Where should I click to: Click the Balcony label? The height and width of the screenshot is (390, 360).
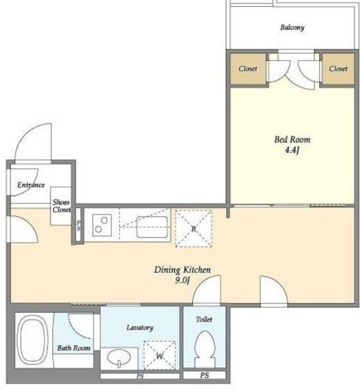(x=292, y=28)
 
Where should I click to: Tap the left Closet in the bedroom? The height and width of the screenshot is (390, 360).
(x=247, y=69)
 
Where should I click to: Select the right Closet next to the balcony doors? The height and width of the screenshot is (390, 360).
(x=338, y=69)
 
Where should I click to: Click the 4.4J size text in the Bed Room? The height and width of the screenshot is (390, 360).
(x=292, y=150)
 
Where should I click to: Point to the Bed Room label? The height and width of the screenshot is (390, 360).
(x=292, y=139)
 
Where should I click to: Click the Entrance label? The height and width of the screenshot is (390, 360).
(x=31, y=185)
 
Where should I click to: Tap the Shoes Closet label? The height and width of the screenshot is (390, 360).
(x=61, y=206)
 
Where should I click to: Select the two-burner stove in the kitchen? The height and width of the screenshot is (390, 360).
(x=102, y=225)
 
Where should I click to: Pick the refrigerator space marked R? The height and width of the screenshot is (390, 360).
(x=193, y=228)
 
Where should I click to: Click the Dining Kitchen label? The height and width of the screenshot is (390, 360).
(x=183, y=270)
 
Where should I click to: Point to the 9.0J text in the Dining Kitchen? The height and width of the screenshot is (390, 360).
(x=183, y=280)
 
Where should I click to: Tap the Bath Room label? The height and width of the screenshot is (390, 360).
(x=73, y=348)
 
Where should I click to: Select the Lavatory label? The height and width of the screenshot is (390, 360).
(x=140, y=328)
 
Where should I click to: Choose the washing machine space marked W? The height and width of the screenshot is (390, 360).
(x=160, y=355)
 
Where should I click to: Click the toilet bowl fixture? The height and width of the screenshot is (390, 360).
(x=204, y=349)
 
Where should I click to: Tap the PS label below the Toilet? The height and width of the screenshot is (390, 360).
(x=204, y=375)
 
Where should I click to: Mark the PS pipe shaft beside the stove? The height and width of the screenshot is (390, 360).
(x=79, y=225)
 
